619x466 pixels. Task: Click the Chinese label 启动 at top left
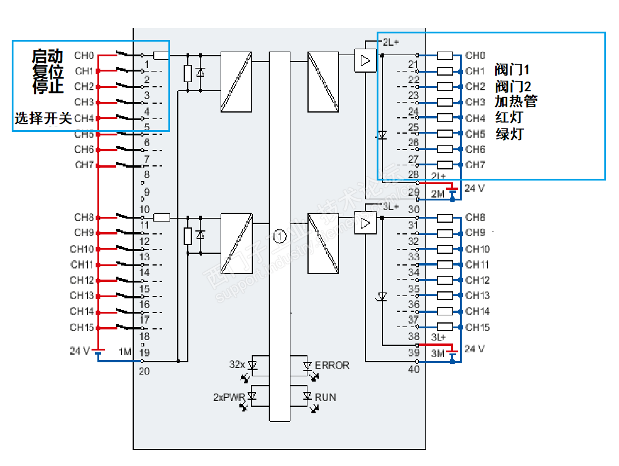(x=48, y=56)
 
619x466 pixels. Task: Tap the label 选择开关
(x=43, y=118)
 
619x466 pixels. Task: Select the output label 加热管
(x=516, y=101)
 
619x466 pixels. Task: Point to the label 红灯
(x=509, y=118)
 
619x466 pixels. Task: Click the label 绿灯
(x=509, y=134)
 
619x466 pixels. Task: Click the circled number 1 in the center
(x=279, y=237)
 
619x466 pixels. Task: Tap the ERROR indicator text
(x=332, y=365)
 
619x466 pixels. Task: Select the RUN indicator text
(x=326, y=397)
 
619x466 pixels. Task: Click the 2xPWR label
(x=229, y=397)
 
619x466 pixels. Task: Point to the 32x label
(x=237, y=365)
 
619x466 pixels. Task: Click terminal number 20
(x=144, y=370)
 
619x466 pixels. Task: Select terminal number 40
(x=414, y=369)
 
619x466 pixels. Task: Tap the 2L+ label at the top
(x=391, y=42)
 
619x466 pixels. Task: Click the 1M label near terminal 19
(x=125, y=352)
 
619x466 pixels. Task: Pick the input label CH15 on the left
(x=82, y=327)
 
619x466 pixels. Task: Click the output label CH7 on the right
(x=475, y=165)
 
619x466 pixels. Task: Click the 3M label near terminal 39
(x=438, y=353)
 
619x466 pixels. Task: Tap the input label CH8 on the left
(x=84, y=217)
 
